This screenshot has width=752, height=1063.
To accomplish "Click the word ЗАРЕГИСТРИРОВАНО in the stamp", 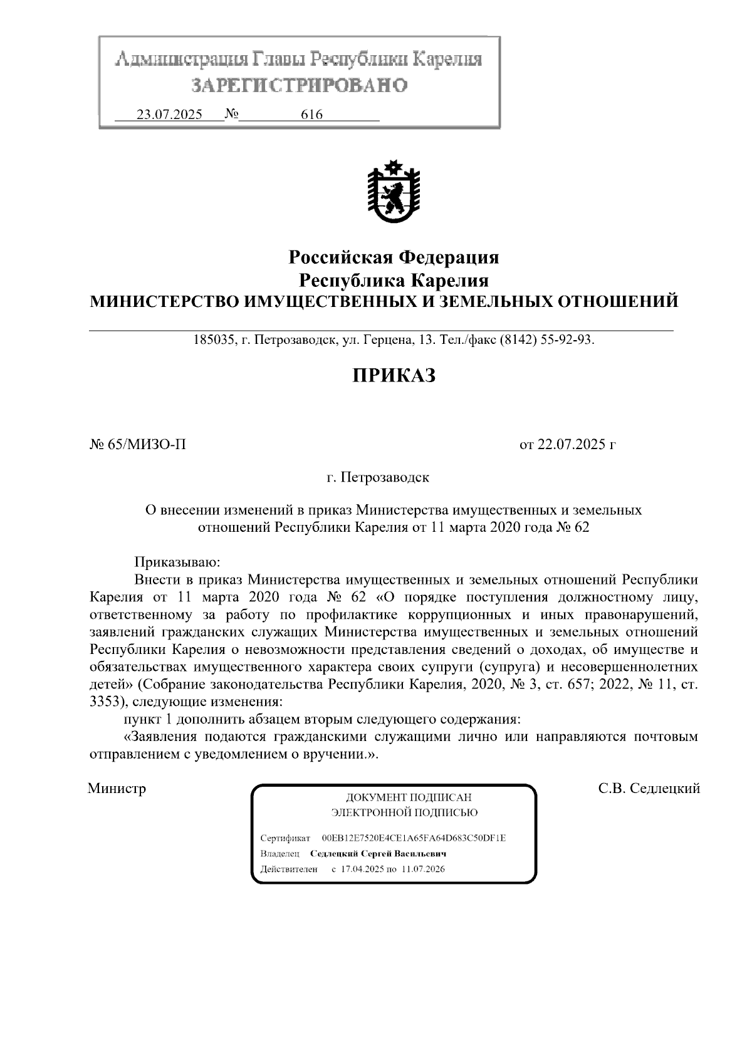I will pos(299,85).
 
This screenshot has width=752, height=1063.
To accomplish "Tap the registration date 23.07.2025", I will pos(169,115).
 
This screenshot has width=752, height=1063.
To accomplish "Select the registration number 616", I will pos(311,115).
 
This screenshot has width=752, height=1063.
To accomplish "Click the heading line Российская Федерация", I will pos(393,257).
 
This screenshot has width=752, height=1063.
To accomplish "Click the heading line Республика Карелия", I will pos(393,279).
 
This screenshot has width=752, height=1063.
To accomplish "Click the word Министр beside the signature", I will pos(117,789).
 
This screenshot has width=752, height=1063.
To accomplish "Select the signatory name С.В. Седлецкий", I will pos(649,789).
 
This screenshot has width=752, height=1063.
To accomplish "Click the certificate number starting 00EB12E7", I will pos(414,838).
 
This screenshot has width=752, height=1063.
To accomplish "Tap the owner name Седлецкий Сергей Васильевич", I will pos(378,854).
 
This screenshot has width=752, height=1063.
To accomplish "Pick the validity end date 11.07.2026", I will pos(424,869).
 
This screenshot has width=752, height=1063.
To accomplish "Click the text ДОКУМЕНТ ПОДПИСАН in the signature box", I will pos(409,798).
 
